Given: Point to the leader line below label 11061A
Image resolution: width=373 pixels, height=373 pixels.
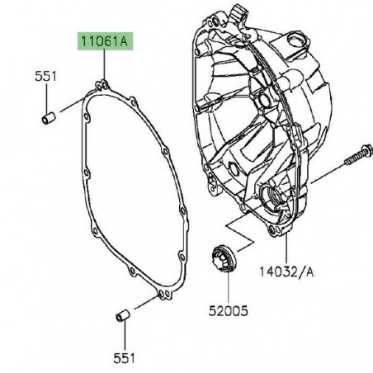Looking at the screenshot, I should click(x=103, y=64).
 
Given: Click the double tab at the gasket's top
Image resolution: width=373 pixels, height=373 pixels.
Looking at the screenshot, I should click(x=102, y=83).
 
